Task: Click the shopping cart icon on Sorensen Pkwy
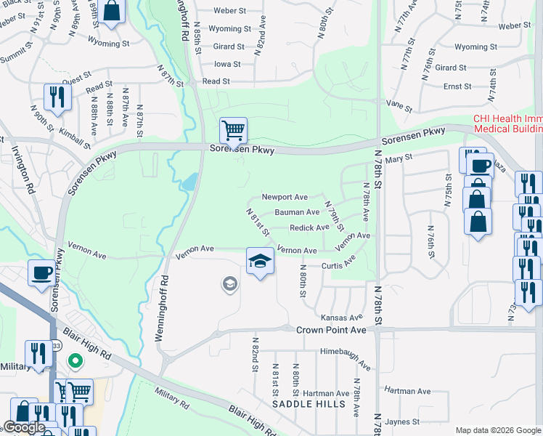233,131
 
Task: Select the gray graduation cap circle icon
230,283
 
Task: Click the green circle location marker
74,360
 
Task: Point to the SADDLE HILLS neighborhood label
304,403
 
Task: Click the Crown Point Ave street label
331,330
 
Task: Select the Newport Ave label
285,197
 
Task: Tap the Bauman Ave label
297,212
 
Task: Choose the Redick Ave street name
309,227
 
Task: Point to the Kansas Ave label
341,318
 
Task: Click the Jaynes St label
404,421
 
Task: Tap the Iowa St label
227,64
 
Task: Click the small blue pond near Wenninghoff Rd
189,181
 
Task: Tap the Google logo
24,427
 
